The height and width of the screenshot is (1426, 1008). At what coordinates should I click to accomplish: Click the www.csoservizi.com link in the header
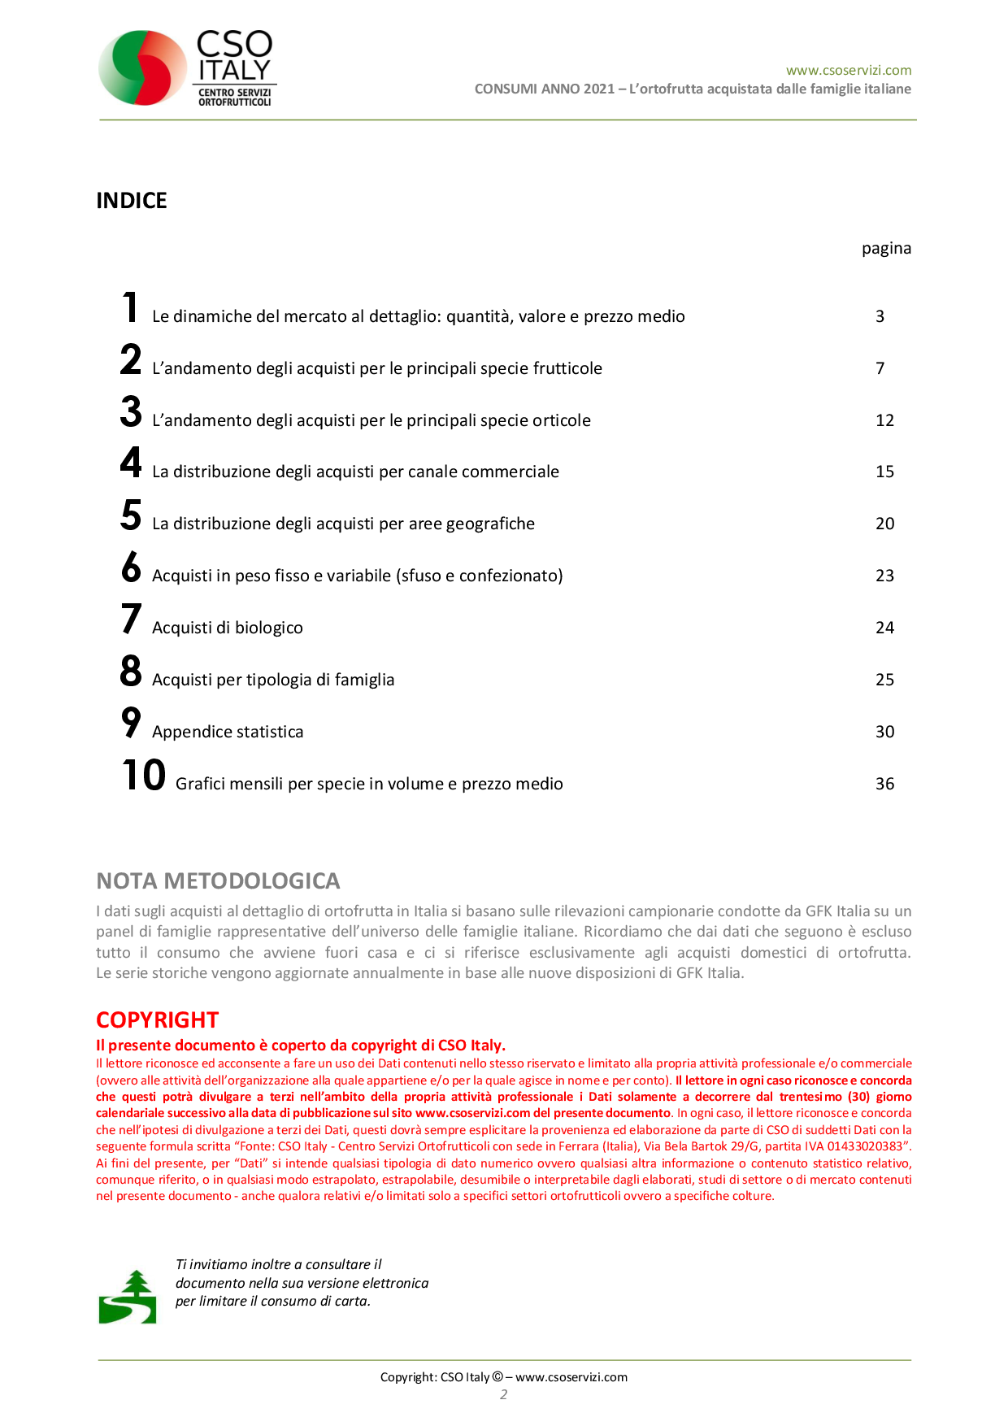[848, 70]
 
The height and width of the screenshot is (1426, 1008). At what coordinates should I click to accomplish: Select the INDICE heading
[132, 201]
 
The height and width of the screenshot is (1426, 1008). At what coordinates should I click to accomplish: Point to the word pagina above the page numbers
[886, 248]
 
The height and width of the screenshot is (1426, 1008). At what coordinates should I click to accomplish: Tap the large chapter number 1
[130, 308]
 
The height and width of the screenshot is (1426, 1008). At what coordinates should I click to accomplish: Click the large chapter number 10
[143, 775]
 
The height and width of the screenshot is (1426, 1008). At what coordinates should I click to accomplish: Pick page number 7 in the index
[880, 368]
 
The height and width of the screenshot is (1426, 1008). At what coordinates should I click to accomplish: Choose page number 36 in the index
[884, 784]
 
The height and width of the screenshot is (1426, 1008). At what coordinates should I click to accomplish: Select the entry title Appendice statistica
[228, 732]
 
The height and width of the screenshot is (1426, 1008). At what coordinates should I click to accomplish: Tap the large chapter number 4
[131, 463]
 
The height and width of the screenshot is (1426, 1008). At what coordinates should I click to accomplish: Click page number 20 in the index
[884, 524]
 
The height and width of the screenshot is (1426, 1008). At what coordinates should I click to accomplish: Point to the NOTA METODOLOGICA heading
[218, 880]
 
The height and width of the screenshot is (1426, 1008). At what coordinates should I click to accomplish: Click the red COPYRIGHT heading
[158, 1020]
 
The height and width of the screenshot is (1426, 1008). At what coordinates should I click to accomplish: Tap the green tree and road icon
[128, 1298]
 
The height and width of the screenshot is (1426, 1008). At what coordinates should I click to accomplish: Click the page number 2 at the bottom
[504, 1394]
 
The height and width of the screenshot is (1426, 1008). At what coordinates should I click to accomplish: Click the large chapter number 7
[131, 619]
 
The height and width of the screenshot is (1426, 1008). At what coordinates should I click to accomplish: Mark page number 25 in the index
[884, 680]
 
